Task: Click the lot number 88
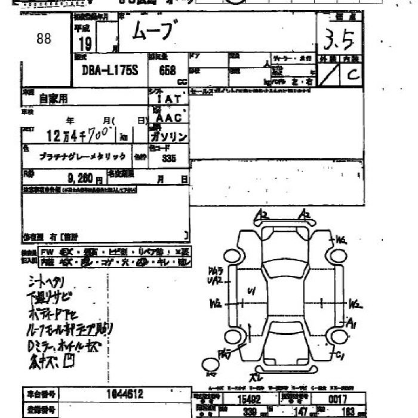tap(44, 39)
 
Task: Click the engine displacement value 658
tap(167, 70)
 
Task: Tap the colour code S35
tap(168, 158)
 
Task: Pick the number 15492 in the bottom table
tap(250, 399)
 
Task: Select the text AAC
tap(168, 118)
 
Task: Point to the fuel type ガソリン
tap(168, 137)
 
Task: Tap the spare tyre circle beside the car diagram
tap(212, 364)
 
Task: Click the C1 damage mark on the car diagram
tap(340, 356)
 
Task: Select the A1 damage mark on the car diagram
tap(352, 323)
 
